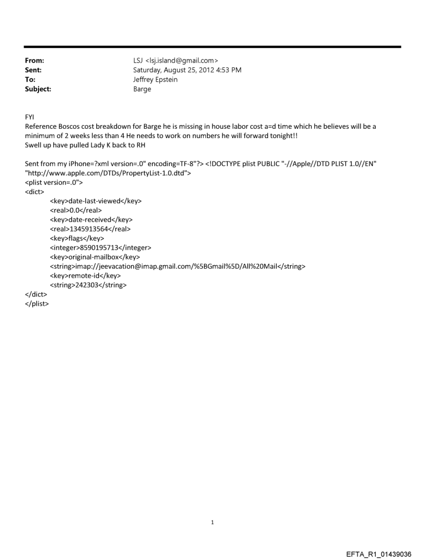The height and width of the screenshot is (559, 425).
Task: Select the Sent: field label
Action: point(33,69)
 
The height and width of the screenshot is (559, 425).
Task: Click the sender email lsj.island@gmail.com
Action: point(182,61)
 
